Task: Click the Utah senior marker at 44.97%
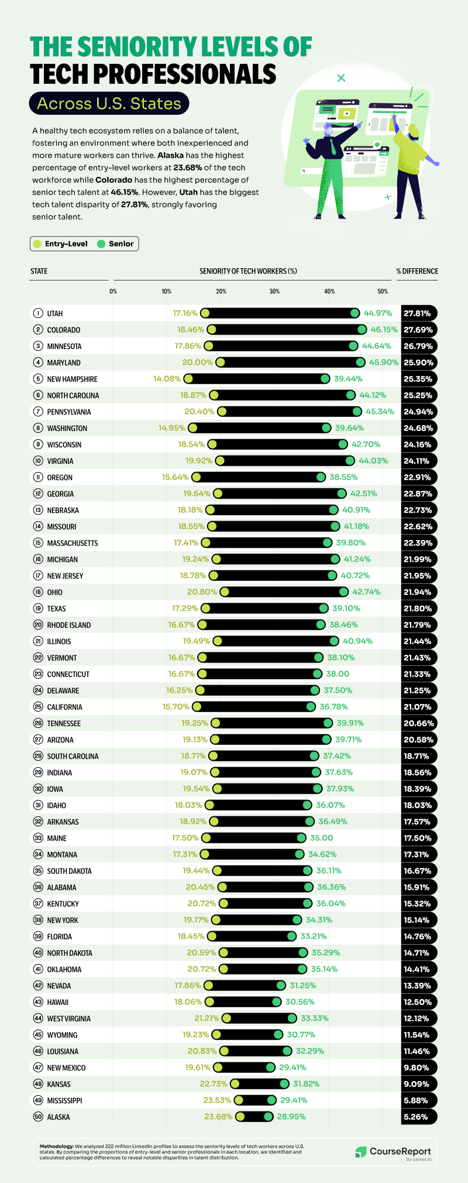pos(355,313)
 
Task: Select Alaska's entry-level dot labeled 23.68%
pos(240,1117)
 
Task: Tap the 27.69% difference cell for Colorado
pos(418,330)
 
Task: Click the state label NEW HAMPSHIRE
pos(72,379)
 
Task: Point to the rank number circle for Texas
pos(38,608)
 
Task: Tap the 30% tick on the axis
pos(274,291)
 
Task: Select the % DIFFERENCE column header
pos(417,271)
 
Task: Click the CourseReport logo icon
pos(361,1152)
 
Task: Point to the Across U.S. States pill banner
pos(109,104)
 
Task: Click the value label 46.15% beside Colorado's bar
pos(384,330)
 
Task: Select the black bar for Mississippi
pos(255,1100)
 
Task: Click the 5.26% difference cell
pos(418,1117)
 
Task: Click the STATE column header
pos(39,271)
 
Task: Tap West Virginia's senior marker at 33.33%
pos(292,1018)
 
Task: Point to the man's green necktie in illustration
pos(333,146)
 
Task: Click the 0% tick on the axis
pos(113,291)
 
